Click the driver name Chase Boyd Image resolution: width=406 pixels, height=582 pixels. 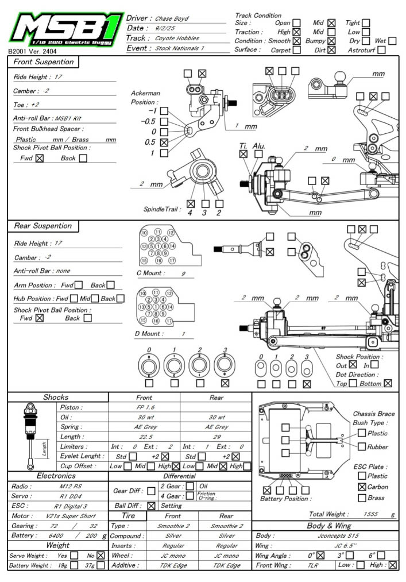[x=172, y=19]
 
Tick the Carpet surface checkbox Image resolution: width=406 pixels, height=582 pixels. [x=297, y=50]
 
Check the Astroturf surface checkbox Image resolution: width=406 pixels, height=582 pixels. [x=381, y=50]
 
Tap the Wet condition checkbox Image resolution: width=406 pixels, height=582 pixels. [x=392, y=41]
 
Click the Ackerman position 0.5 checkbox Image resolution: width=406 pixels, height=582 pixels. [x=164, y=142]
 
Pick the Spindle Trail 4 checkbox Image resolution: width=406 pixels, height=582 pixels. [x=191, y=203]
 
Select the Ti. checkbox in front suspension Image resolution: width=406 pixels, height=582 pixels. [x=243, y=154]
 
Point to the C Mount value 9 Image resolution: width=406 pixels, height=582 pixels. [x=183, y=273]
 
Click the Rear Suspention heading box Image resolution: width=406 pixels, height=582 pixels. [x=43, y=226]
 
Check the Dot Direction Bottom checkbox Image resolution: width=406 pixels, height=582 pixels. [x=388, y=383]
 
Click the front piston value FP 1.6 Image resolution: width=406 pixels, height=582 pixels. [x=144, y=407]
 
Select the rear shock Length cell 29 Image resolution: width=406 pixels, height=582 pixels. [x=216, y=437]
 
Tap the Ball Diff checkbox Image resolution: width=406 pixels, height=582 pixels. [x=151, y=506]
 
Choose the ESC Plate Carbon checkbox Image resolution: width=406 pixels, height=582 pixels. [x=362, y=487]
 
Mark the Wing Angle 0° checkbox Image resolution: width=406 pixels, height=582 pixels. [x=320, y=555]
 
